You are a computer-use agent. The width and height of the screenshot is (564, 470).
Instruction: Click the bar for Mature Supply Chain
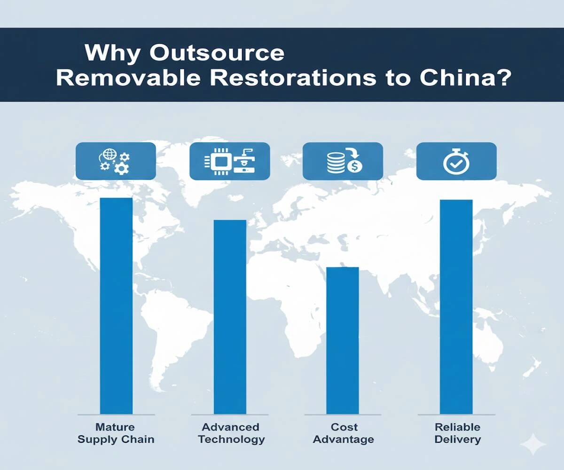click(116, 305)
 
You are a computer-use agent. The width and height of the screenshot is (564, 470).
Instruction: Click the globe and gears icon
click(116, 162)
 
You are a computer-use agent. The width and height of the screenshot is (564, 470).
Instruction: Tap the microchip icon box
click(229, 162)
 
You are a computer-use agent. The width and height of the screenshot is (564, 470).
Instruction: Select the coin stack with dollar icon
click(343, 162)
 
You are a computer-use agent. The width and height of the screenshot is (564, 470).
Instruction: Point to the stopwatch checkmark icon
click(456, 162)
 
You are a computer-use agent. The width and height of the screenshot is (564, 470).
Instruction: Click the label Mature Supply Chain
click(116, 433)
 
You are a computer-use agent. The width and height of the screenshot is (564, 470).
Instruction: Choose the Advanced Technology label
click(231, 433)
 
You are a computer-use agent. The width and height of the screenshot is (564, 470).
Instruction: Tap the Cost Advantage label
click(344, 433)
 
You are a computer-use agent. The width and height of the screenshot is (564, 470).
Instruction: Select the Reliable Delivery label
click(457, 433)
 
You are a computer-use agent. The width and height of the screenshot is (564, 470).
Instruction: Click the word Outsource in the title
click(217, 53)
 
